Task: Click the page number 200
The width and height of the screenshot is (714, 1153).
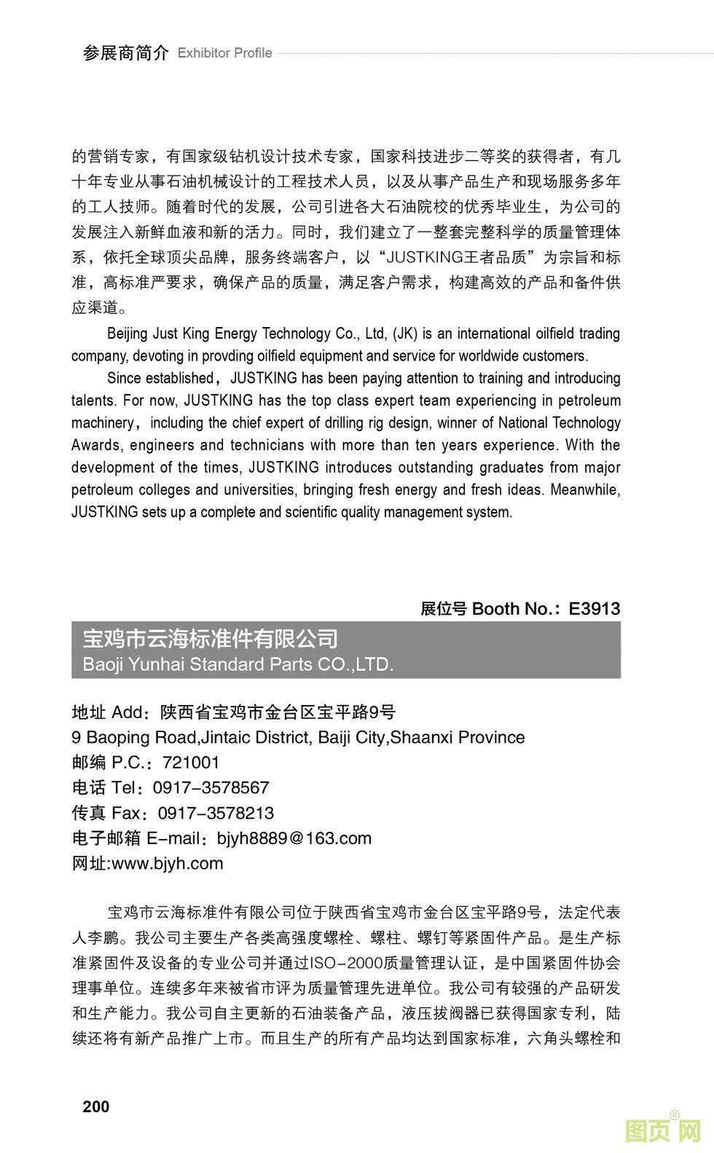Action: (x=96, y=1106)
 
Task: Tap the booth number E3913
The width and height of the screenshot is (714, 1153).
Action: (x=594, y=609)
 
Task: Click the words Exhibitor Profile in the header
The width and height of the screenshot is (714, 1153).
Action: (x=224, y=53)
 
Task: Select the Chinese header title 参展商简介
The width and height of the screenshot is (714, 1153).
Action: (x=125, y=53)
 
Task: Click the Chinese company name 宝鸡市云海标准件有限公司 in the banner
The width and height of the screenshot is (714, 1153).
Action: (x=211, y=639)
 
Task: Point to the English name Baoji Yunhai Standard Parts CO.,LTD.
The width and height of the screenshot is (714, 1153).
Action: (x=238, y=664)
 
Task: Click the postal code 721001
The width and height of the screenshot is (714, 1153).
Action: (x=191, y=763)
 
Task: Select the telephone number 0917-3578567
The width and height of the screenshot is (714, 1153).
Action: (x=211, y=787)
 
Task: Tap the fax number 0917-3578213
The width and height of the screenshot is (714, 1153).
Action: (x=216, y=813)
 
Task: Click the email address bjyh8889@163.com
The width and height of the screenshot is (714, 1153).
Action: (x=294, y=838)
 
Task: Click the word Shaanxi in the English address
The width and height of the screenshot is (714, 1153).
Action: (x=425, y=737)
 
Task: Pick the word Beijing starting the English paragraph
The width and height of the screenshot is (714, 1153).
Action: (x=127, y=334)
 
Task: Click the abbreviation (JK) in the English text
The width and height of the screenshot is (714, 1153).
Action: (x=405, y=334)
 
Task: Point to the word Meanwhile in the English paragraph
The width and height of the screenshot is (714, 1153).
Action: (x=585, y=489)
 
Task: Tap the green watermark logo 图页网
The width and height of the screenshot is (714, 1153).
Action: (x=662, y=1131)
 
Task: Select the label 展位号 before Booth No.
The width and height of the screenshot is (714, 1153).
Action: (x=443, y=609)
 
